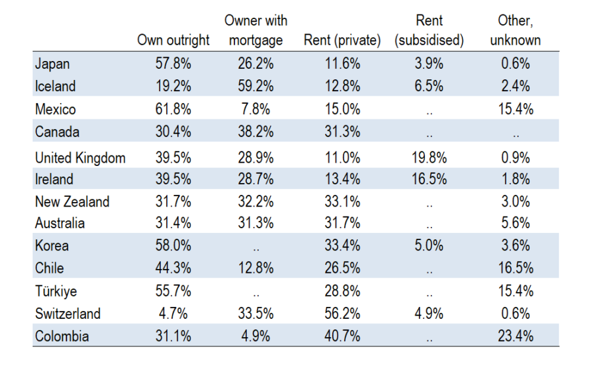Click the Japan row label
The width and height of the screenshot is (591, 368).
[52, 64]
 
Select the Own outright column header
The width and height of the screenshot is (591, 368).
[173, 40]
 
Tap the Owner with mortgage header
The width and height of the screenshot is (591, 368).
[256, 30]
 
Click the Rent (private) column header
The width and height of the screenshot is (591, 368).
[342, 40]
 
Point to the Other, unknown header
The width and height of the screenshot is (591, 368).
[515, 30]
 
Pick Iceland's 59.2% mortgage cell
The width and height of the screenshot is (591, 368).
[255, 86]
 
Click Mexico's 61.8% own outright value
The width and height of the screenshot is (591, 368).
[173, 110]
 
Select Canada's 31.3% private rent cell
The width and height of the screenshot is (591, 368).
[342, 132]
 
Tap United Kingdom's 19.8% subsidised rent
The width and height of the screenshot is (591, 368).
[429, 158]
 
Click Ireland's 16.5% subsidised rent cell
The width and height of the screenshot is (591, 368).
[429, 179]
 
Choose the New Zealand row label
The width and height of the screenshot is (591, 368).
[72, 202]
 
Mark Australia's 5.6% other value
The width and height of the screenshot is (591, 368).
[515, 224]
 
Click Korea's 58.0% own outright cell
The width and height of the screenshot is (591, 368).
[173, 245]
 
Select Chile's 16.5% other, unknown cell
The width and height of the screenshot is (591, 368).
[515, 268]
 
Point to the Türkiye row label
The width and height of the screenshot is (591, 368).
[56, 291]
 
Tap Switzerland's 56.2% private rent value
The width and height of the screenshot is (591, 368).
[342, 314]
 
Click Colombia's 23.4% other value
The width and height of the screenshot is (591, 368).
[515, 337]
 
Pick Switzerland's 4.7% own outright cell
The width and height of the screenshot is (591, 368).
[173, 314]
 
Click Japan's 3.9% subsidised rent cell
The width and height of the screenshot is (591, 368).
[429, 64]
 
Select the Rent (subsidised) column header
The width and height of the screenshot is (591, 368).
[429, 30]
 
